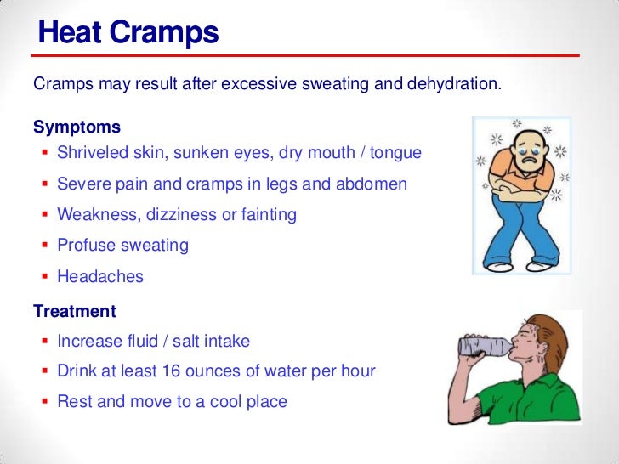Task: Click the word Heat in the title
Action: tap(71, 34)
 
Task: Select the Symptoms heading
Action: tap(77, 127)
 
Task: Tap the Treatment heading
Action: tap(74, 311)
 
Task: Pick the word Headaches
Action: tap(100, 276)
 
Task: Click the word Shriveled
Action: tap(94, 154)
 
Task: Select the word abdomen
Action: tap(373, 184)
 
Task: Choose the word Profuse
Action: tap(85, 246)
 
